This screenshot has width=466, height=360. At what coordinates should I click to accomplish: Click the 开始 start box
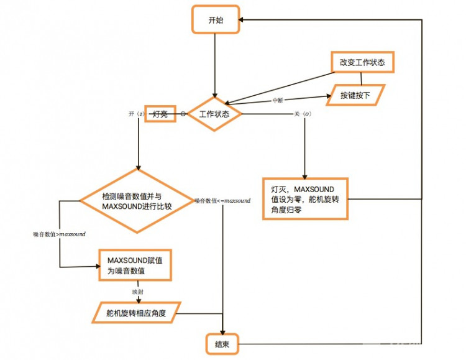[216, 20]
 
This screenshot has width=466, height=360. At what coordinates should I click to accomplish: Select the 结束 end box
[222, 344]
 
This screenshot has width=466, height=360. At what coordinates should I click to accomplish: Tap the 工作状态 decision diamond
[214, 114]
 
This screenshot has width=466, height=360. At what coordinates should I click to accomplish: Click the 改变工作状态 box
[362, 63]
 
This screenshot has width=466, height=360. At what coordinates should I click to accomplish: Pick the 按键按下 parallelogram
[355, 96]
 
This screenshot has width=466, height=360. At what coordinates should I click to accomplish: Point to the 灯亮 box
[160, 114]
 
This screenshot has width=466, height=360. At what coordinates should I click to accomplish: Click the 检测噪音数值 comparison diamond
[137, 201]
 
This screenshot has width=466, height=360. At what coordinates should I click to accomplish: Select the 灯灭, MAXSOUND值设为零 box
[306, 199]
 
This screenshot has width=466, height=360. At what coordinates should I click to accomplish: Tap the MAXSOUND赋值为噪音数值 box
[135, 265]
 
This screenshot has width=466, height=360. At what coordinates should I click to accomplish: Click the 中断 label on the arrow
[280, 101]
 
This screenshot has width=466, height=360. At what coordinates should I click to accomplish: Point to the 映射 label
[137, 291]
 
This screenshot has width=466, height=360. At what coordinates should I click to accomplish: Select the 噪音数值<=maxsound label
[222, 201]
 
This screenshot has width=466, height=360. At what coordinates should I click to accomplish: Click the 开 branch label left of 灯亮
[135, 114]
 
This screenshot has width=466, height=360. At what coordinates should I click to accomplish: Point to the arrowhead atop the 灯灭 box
[305, 177]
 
